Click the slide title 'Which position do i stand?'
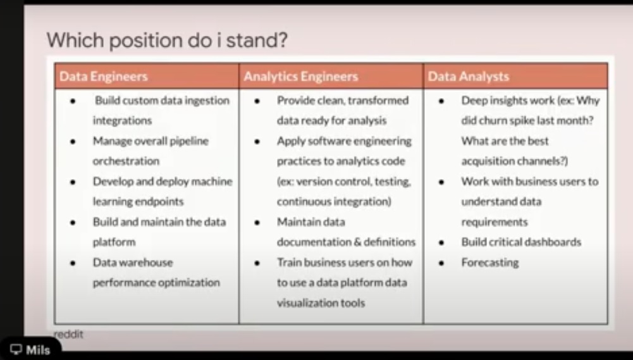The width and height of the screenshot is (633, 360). [x=167, y=41]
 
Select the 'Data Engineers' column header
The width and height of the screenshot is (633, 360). [x=103, y=77]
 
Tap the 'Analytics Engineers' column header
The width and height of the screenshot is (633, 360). [x=300, y=77]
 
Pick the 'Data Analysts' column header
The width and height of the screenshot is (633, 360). [x=468, y=77]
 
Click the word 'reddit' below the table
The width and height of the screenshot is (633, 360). [x=68, y=334]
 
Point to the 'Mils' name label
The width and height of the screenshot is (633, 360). [x=38, y=350]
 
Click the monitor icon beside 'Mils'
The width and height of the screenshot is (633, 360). [x=16, y=350]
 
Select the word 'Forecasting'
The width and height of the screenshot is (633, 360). [x=489, y=262]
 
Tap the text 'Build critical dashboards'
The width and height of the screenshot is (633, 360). [x=520, y=242]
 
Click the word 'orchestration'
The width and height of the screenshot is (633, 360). [x=126, y=161]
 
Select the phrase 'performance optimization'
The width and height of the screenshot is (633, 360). [x=156, y=282]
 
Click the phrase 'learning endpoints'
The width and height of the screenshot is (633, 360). [x=138, y=201]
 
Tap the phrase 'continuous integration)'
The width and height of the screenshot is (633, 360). [x=334, y=201]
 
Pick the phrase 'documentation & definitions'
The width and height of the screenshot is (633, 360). [x=346, y=242]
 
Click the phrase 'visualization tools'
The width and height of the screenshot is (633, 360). [x=321, y=302]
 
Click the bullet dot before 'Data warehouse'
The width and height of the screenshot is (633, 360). [x=73, y=263]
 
